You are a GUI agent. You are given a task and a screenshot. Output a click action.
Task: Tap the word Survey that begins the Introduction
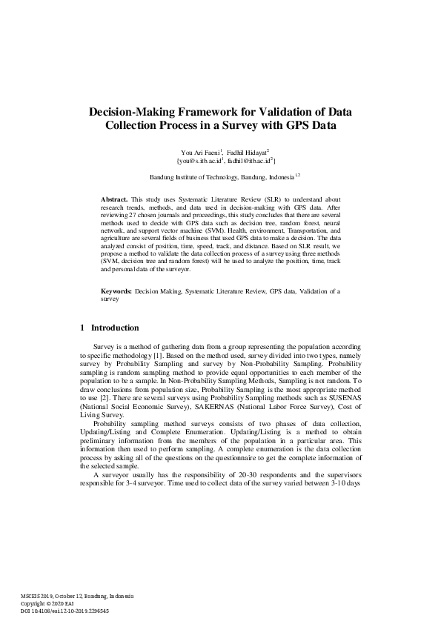(105, 348)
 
